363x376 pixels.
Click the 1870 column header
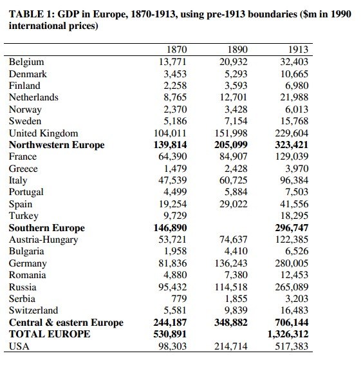coord(177,50)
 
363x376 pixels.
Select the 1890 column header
coord(237,50)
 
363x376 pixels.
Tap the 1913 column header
coord(298,50)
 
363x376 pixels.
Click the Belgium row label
coord(26,62)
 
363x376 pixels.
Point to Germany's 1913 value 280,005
coord(292,263)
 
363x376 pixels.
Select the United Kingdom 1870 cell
coord(170,133)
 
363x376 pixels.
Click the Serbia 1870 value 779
coord(179,299)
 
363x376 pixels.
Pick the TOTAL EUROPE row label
coord(50,334)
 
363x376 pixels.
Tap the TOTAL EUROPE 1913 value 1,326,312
coord(288,334)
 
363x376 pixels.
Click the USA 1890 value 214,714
coord(231,346)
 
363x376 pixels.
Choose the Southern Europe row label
coord(47,228)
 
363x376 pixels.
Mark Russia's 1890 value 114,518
coord(231,287)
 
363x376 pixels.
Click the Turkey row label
coord(24,216)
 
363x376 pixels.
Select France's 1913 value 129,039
coord(292,156)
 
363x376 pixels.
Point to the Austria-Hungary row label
coord(43,240)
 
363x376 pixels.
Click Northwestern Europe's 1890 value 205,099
coord(231,145)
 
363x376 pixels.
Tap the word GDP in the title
coord(68,14)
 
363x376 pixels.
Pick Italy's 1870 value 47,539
coord(172,180)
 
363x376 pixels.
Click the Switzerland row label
coord(33,310)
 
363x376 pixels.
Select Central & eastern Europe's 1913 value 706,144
coord(292,323)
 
